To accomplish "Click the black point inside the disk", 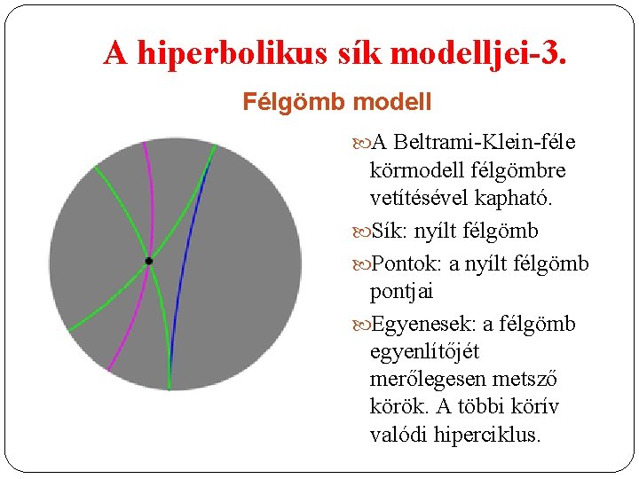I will (148, 261).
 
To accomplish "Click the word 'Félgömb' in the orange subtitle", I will (294, 102).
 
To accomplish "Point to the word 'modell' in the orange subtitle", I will (391, 102).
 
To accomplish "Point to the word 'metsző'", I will (528, 380).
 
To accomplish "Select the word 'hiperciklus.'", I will (485, 435).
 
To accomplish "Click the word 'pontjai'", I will (401, 292).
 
